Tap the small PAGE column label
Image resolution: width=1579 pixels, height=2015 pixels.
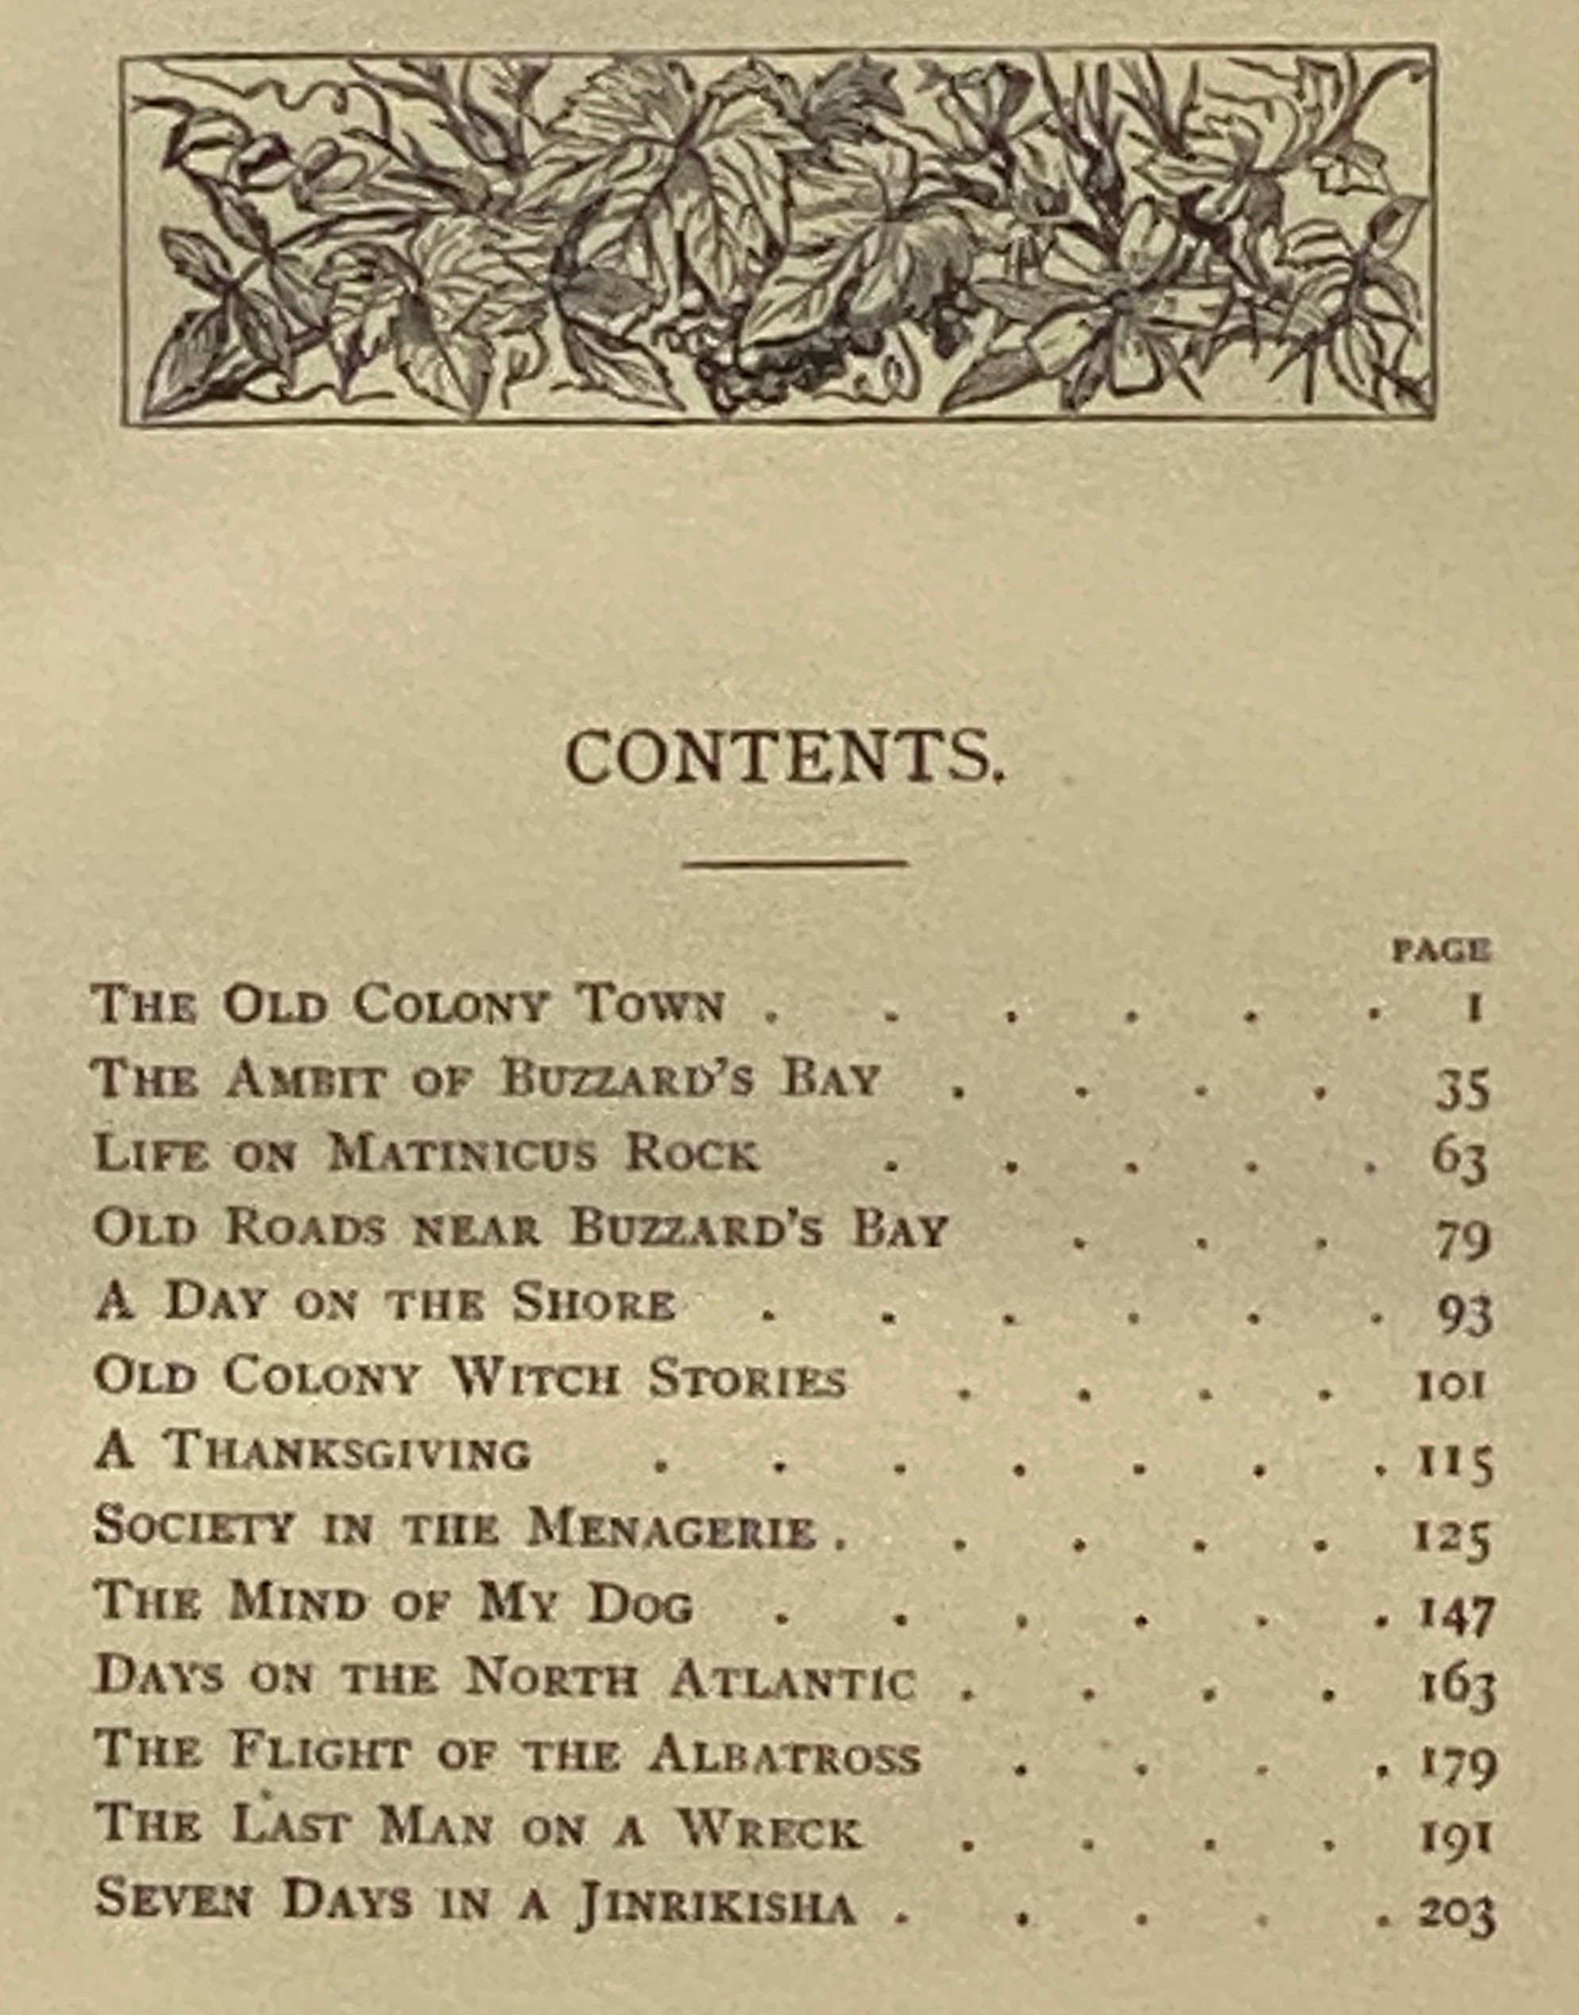(1442, 950)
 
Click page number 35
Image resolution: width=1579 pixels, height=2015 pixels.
(1462, 1090)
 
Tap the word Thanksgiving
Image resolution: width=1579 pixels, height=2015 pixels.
(346, 1451)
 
